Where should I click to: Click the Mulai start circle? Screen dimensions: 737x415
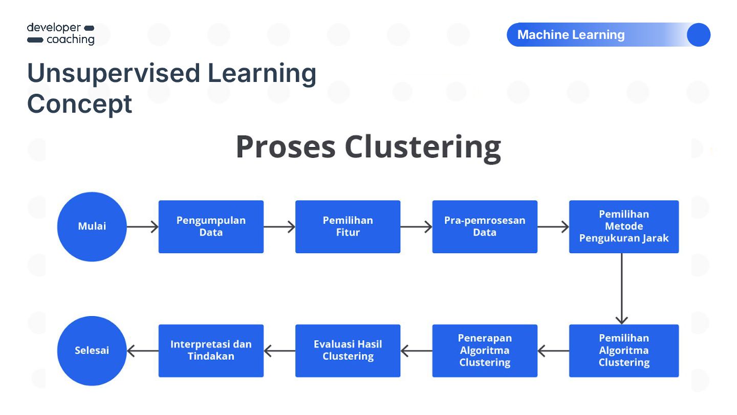coord(92,226)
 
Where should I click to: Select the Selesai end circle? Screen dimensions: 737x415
coord(92,351)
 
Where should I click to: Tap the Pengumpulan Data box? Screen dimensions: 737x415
coord(211,226)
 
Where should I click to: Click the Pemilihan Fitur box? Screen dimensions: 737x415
coord(348,226)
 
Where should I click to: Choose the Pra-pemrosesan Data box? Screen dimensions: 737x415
coord(485,226)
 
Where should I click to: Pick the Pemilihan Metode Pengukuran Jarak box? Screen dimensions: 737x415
coord(624,226)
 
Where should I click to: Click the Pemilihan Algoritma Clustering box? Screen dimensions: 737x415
coord(624,351)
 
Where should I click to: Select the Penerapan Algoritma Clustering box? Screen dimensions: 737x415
coord(485,351)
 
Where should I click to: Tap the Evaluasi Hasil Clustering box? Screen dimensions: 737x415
coord(348,351)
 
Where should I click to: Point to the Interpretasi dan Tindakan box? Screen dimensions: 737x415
coord(211,351)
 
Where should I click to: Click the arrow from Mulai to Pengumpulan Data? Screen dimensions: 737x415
coord(142,226)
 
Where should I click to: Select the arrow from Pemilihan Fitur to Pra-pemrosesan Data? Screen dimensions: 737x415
coord(416,226)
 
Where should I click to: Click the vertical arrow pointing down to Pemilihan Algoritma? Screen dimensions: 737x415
coord(621,289)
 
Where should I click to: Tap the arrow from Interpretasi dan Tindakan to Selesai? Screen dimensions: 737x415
coord(142,351)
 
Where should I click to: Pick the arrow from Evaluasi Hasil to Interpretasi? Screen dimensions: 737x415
coord(279,351)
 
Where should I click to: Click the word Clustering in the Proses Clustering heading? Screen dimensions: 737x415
coord(423,148)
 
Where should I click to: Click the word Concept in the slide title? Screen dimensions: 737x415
coord(80,104)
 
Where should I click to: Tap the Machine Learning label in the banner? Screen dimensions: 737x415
coord(571,35)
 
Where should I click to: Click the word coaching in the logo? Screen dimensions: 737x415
coord(71,40)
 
